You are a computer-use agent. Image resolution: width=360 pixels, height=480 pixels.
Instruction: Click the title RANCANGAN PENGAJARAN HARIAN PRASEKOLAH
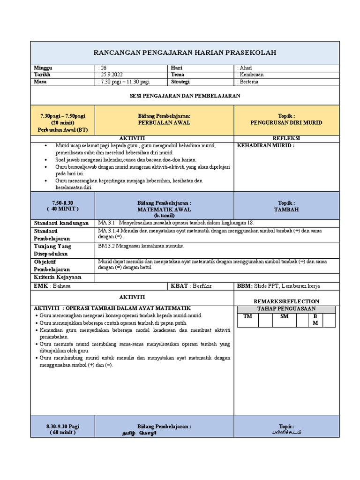coord(185,52)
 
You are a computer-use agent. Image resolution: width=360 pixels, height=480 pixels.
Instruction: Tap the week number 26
coord(104,68)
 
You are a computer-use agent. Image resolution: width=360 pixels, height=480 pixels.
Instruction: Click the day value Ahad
coord(245,68)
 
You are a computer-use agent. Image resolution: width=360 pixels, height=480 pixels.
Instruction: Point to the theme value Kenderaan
coord(251,75)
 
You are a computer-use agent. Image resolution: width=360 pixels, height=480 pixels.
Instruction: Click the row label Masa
coord(41,82)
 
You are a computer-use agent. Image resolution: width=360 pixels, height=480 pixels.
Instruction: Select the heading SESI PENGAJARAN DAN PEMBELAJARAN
coord(185,95)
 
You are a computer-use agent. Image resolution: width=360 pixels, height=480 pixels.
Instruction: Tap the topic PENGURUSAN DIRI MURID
coord(286,122)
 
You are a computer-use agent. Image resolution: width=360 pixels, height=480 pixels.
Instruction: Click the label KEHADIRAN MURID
coord(266,146)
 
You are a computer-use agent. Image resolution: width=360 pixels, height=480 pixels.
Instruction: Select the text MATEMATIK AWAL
coord(164,210)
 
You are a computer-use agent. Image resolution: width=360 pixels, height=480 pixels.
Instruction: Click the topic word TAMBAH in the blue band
coord(286,210)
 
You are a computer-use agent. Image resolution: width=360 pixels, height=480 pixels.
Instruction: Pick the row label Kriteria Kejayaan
coord(57,277)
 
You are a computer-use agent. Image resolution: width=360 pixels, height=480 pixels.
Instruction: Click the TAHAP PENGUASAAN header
coord(286,309)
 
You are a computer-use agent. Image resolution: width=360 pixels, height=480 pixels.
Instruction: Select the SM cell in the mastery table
coord(285,316)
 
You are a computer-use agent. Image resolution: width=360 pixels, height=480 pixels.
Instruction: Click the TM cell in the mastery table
coord(247,316)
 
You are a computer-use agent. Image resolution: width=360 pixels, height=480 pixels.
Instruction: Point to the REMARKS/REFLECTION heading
coord(286,301)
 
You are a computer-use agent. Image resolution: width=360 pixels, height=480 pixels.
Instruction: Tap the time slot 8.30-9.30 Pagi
coord(63,426)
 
